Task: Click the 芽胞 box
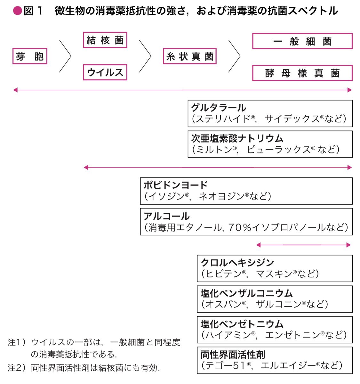pyautogui.click(x=30, y=56)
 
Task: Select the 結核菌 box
pyautogui.click(x=105, y=40)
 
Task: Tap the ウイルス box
pyautogui.click(x=105, y=72)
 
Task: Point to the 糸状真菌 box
pyautogui.click(x=190, y=56)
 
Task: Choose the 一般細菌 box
pyautogui.click(x=302, y=41)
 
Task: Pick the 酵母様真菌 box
pyautogui.click(x=302, y=73)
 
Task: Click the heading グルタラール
pyautogui.click(x=219, y=108)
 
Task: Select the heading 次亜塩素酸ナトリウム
pyautogui.click(x=237, y=138)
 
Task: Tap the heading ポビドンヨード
pyautogui.click(x=176, y=185)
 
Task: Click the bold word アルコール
pyautogui.click(x=166, y=216)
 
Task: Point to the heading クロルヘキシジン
pyautogui.click(x=237, y=262)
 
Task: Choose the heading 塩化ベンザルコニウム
pyautogui.click(x=246, y=293)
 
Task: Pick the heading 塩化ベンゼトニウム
pyautogui.click(x=242, y=324)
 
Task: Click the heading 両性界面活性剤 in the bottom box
pyautogui.click(x=233, y=355)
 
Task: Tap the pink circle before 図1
pyautogui.click(x=17, y=11)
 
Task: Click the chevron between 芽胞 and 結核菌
pyautogui.click(x=65, y=56)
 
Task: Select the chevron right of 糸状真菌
pyautogui.click(x=234, y=56)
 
